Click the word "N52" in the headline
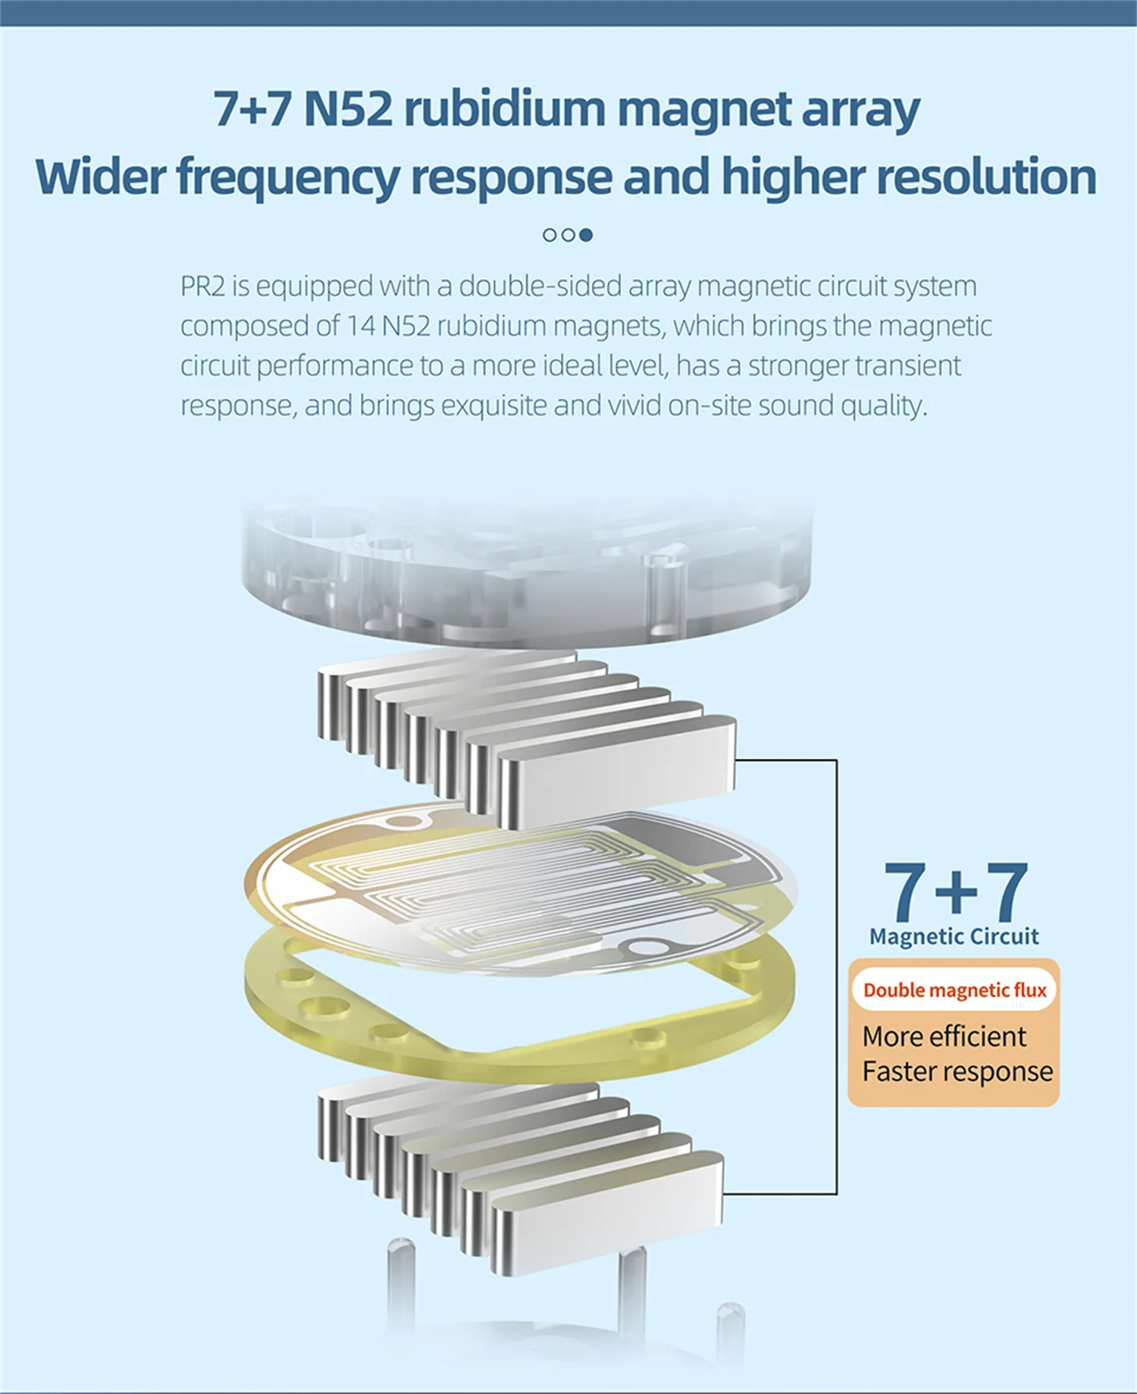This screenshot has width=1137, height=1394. tap(348, 109)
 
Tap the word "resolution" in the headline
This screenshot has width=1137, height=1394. tap(986, 177)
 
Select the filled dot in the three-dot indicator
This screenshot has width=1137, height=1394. tap(586, 235)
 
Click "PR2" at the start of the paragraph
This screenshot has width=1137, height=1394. tap(202, 287)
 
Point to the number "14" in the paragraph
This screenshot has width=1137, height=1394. tap(362, 326)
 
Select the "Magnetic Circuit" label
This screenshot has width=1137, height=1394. tap(954, 937)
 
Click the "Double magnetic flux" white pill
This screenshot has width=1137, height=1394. tap(954, 990)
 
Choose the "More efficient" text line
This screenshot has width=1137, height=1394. tap(944, 1036)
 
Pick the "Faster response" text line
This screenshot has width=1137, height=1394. tap(957, 1072)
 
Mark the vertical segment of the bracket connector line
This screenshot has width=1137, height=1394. tap(837, 978)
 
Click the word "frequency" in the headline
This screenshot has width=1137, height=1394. tap(289, 177)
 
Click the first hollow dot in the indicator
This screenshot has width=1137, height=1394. tap(550, 235)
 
